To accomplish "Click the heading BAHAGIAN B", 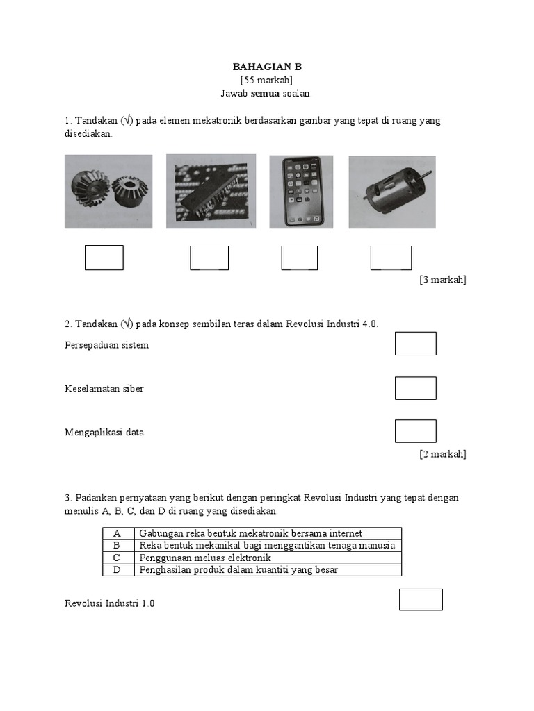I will pos(267,67).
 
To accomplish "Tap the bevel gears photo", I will pos(108,191).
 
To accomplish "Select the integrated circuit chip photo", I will pos(211,191).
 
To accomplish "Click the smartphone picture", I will pos(301,191).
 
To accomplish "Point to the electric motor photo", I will pos(392,191).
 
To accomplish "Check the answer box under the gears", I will pos(104,258).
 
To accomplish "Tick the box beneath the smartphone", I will pos(300,258).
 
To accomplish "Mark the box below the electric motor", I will pos(391,258).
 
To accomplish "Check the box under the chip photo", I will pos(209,258).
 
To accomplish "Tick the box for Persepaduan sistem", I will pos(416,344).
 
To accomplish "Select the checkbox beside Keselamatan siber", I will pos(416,388).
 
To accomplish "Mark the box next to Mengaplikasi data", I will pos(416,431).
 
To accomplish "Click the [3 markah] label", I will pos(442,280).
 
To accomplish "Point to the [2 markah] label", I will pos(442,454).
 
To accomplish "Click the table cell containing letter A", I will pos(118,533).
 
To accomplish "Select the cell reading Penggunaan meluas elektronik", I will pos(204,558).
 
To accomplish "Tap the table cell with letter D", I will pos(118,570).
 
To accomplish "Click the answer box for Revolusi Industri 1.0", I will pos(421,600).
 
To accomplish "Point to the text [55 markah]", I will pos(267,80).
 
